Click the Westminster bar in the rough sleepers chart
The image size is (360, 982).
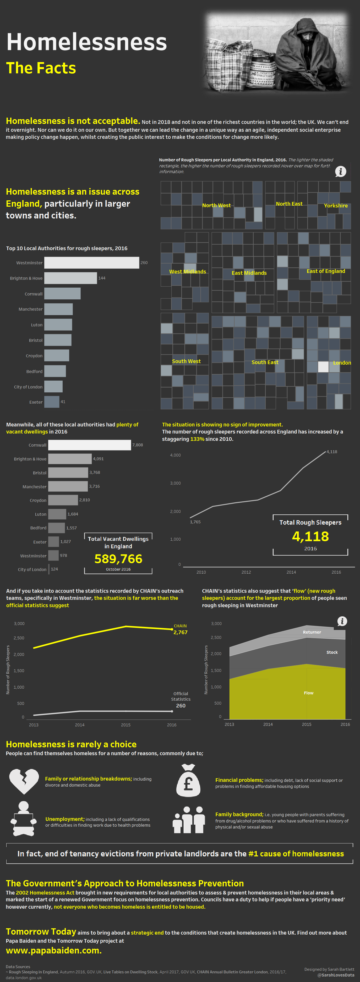91,263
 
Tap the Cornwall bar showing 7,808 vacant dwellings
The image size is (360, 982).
89,445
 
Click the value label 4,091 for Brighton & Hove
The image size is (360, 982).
99,459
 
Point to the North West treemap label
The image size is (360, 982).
216,205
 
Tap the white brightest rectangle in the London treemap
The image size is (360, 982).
323,367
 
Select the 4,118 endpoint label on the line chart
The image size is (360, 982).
331,452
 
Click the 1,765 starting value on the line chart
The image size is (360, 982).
195,522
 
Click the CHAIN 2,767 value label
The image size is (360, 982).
180,632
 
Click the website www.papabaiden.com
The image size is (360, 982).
54,951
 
